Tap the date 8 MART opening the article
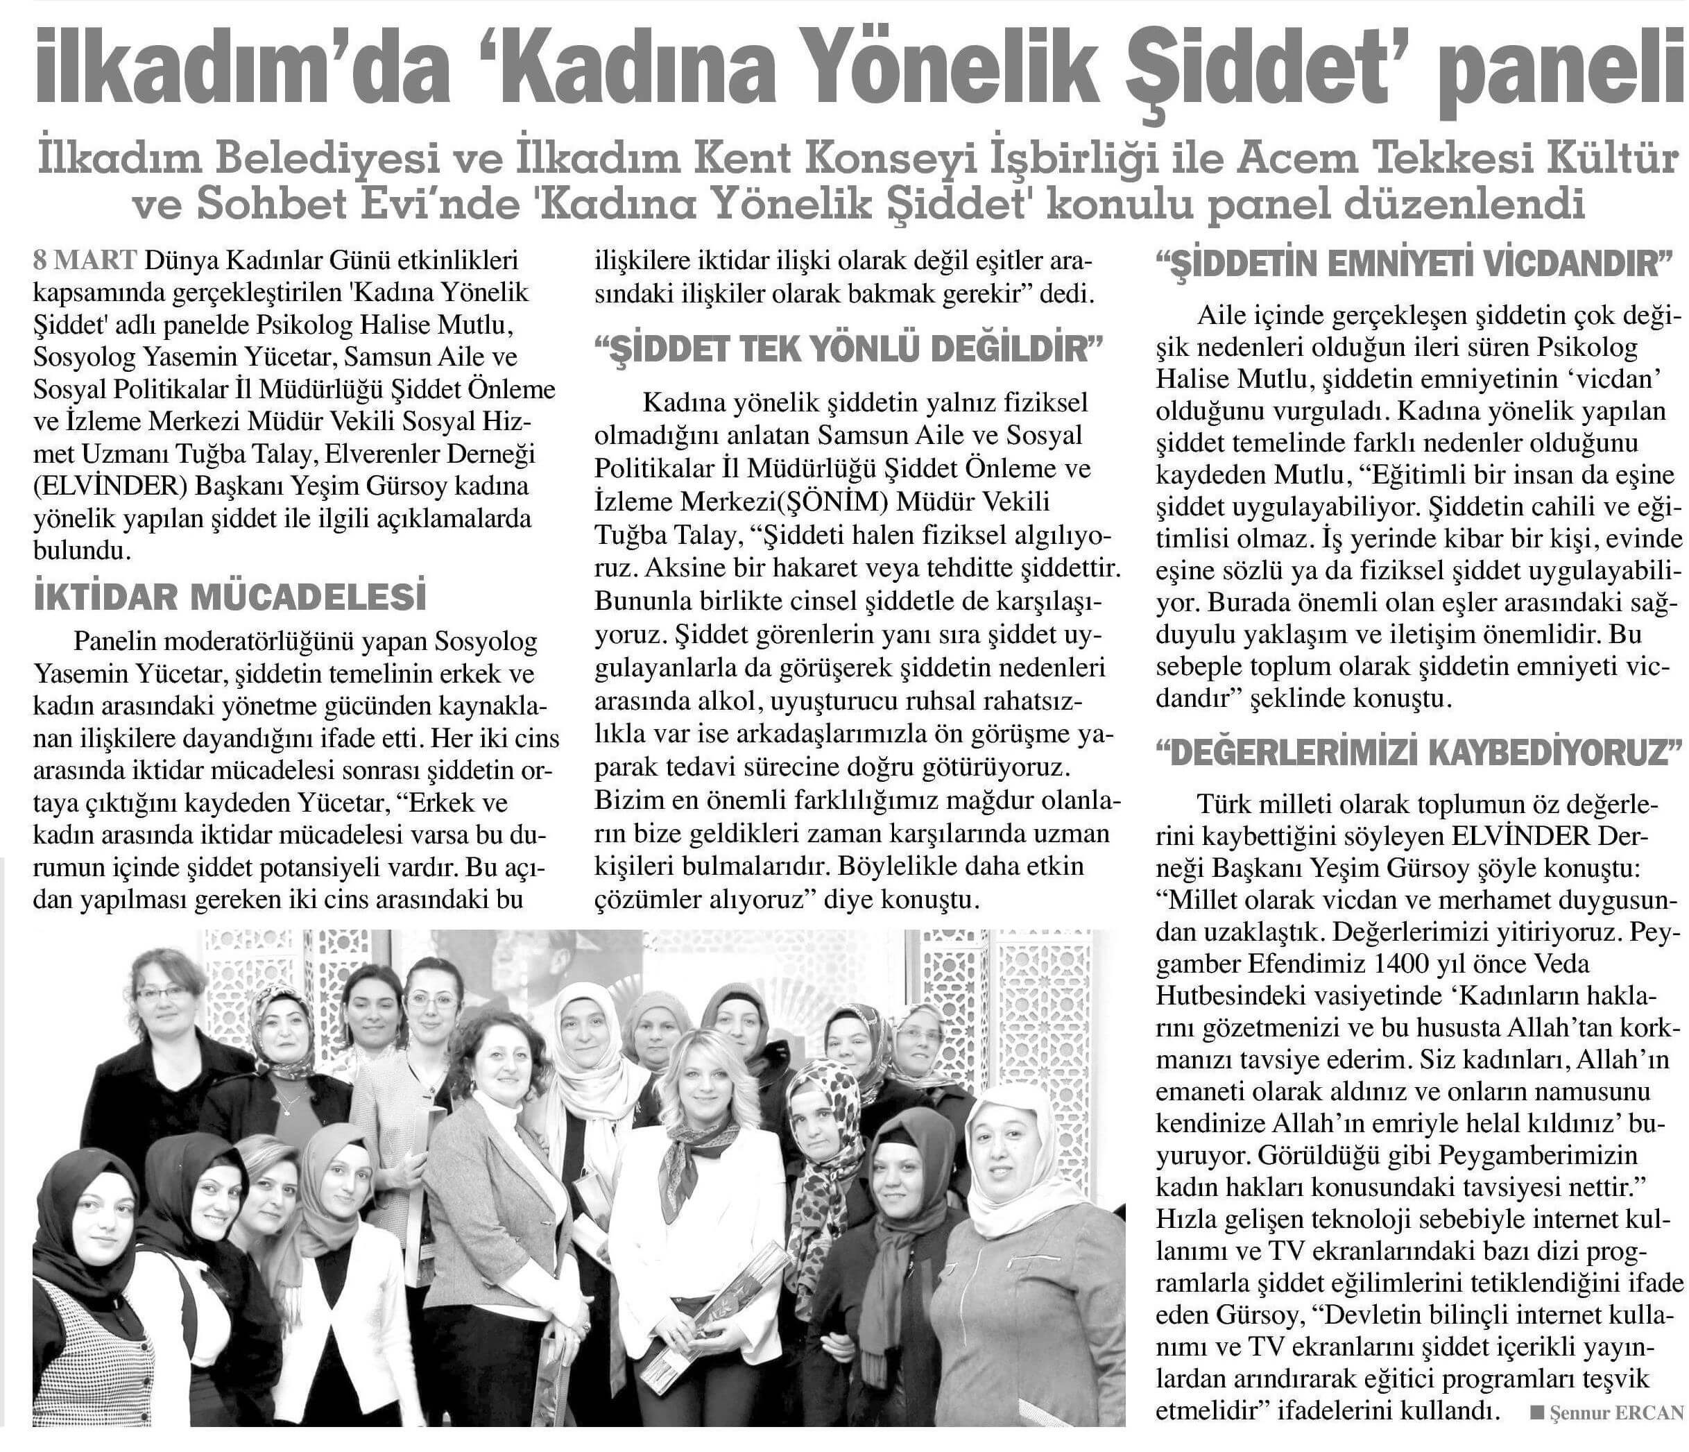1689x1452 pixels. (85, 261)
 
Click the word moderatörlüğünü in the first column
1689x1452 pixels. (282, 642)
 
